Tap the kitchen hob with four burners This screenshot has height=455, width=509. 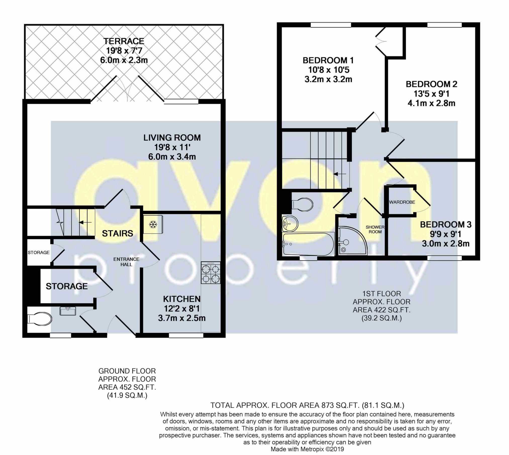coord(210,273)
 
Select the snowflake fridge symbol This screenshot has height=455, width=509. coord(152,224)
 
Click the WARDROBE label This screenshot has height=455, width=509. coord(402,202)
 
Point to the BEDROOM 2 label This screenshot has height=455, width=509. coord(431,84)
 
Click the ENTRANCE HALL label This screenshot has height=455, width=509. coord(126,262)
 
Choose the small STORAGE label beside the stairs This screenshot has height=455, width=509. coord(38,252)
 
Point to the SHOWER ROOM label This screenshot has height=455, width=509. coord(375,229)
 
